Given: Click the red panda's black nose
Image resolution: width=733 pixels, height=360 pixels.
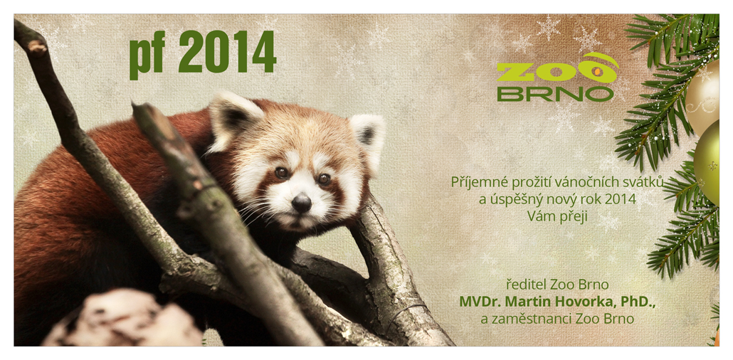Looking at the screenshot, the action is (x=302, y=203).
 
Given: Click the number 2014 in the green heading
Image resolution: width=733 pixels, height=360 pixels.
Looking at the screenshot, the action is (x=228, y=52).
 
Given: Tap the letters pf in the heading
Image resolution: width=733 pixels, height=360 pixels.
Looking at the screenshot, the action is (x=147, y=55).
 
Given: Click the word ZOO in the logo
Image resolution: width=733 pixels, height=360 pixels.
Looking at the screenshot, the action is (x=557, y=73).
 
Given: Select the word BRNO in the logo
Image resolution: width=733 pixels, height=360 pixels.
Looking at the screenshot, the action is (x=555, y=93).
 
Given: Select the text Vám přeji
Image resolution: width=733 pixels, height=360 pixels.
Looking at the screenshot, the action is (x=557, y=216).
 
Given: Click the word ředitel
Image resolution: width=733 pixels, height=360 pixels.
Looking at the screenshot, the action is (x=527, y=285).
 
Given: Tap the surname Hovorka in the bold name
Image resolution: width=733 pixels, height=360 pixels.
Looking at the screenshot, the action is (x=587, y=302).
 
